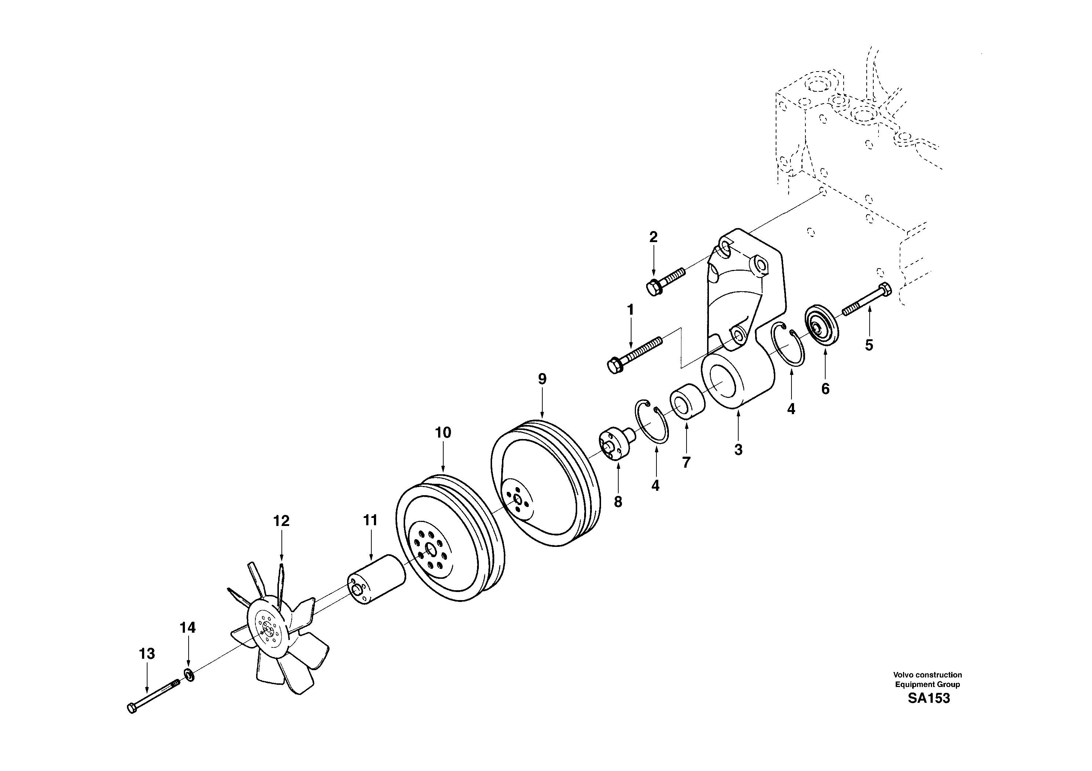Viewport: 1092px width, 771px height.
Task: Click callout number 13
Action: click(147, 654)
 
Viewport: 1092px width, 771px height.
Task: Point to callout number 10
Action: click(443, 432)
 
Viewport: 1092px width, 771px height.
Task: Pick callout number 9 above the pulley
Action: click(542, 379)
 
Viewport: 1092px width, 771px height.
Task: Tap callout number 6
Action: click(825, 389)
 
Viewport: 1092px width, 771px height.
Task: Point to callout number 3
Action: click(738, 449)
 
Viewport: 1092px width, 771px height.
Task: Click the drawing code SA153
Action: click(928, 698)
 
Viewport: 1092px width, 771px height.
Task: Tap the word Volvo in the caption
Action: click(903, 675)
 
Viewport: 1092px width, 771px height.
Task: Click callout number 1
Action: click(630, 310)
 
